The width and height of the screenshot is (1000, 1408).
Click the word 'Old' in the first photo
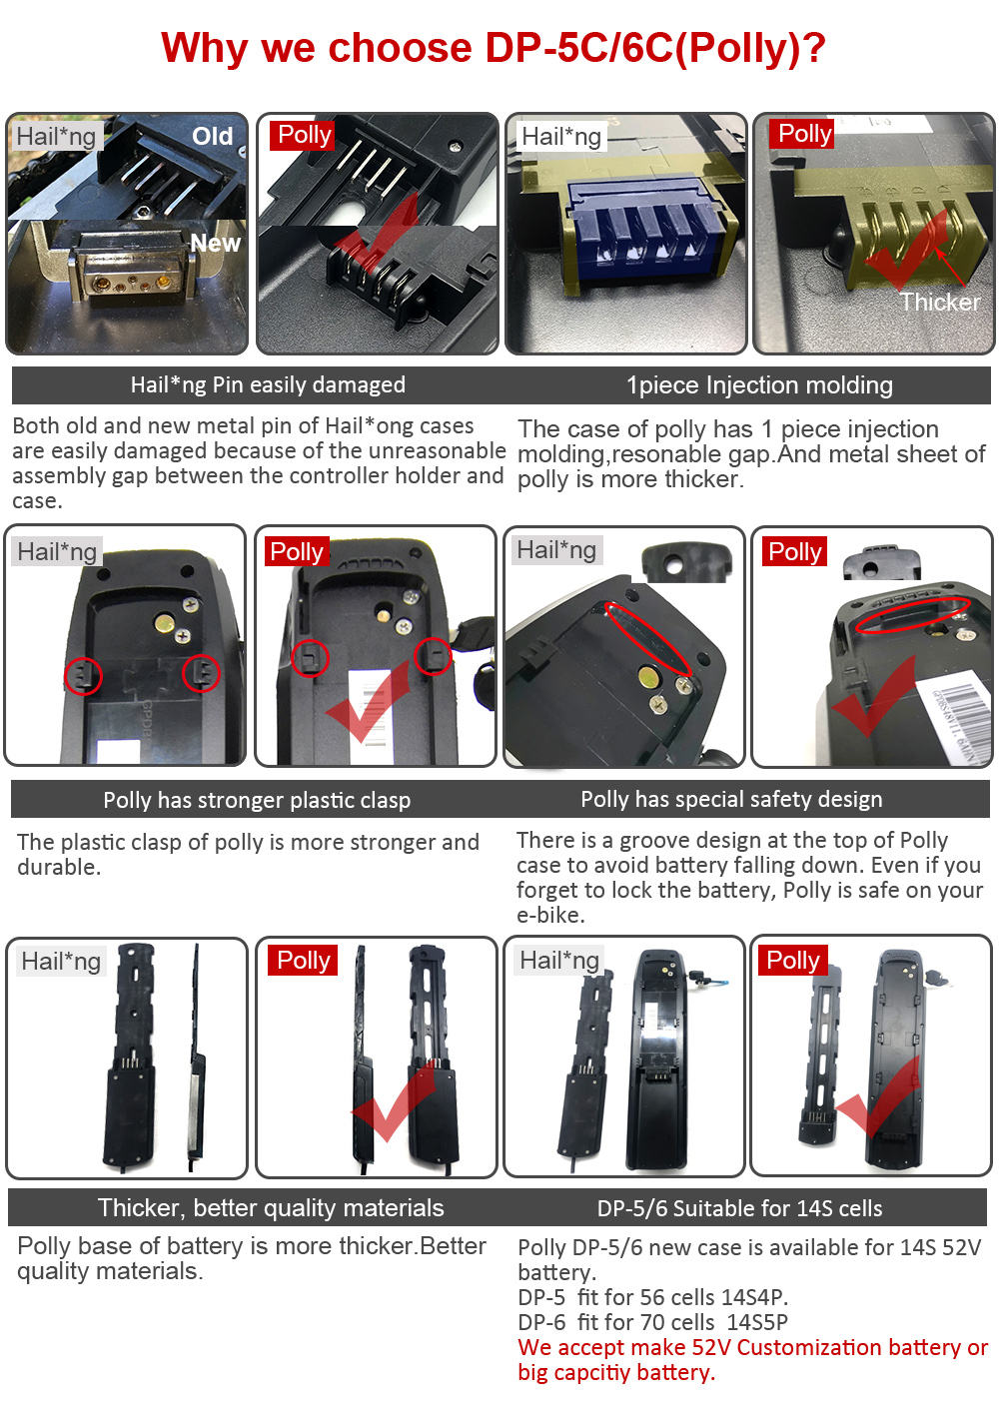pos(212,136)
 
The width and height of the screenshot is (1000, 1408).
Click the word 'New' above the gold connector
pos(215,243)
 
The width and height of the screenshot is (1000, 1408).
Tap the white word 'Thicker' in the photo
pos(940,303)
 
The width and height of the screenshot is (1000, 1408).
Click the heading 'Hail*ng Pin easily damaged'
pos(268,384)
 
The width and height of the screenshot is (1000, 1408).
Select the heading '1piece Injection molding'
pos(759,385)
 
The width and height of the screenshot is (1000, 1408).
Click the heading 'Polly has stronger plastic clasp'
pos(257,800)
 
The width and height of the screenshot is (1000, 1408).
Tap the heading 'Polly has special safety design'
pos(731,799)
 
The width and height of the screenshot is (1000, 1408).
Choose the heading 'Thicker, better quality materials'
pos(271,1207)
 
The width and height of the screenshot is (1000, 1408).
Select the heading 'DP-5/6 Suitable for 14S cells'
pos(739,1208)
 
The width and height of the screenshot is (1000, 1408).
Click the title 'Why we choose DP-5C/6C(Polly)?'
pos(494,48)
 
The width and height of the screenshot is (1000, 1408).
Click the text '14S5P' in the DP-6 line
pos(757,1322)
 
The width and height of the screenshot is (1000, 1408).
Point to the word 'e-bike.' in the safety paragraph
pos(550,915)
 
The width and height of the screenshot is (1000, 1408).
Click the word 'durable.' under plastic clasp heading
pos(59,868)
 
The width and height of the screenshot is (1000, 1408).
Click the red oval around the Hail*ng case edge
pos(647,638)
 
